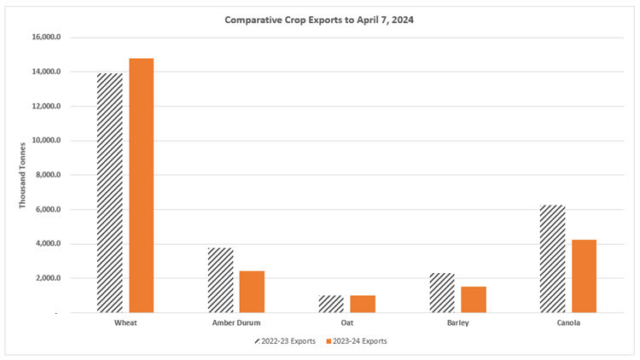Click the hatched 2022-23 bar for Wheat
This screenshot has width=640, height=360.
click(x=110, y=193)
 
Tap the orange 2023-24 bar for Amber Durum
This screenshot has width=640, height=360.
click(x=252, y=292)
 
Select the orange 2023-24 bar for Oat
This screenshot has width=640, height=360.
click(x=363, y=304)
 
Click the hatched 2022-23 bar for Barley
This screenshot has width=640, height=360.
click(x=442, y=293)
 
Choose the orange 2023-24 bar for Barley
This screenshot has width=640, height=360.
click(x=474, y=299)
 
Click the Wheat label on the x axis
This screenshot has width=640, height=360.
click(x=125, y=324)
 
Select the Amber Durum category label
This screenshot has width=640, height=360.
click(x=236, y=324)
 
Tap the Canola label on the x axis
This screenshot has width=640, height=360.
click(x=568, y=324)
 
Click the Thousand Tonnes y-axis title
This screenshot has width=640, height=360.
click(x=23, y=176)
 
